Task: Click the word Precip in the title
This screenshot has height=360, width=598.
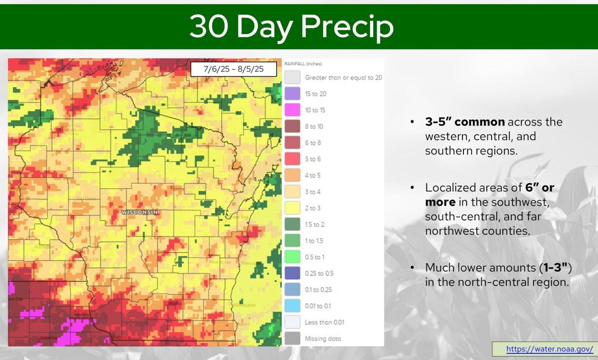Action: pos(347,27)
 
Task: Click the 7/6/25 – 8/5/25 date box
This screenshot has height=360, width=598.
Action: pos(233,69)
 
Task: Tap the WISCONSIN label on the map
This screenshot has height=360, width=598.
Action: pos(140,213)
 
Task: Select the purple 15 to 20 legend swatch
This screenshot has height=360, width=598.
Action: pos(293,94)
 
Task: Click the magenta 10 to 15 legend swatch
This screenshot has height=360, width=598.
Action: pos(293,110)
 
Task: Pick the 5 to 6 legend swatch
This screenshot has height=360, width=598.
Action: pos(293,159)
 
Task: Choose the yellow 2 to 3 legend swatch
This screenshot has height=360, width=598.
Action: pos(293,208)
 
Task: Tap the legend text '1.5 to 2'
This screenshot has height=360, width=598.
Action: pos(315,225)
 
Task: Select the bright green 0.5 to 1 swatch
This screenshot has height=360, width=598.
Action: pos(293,257)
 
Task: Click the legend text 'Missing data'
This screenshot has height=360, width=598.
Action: pos(323,339)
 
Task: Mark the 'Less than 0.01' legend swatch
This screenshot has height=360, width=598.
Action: pos(293,322)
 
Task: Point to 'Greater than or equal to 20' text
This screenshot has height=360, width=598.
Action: pos(343,78)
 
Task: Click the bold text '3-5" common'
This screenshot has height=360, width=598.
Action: pos(465,122)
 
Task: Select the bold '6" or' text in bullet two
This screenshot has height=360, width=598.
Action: pos(540,188)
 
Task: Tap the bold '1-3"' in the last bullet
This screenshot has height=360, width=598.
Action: pos(555,267)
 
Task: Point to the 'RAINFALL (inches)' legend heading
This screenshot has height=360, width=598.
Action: pos(303,64)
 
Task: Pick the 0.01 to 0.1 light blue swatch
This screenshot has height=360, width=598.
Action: pos(293,306)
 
